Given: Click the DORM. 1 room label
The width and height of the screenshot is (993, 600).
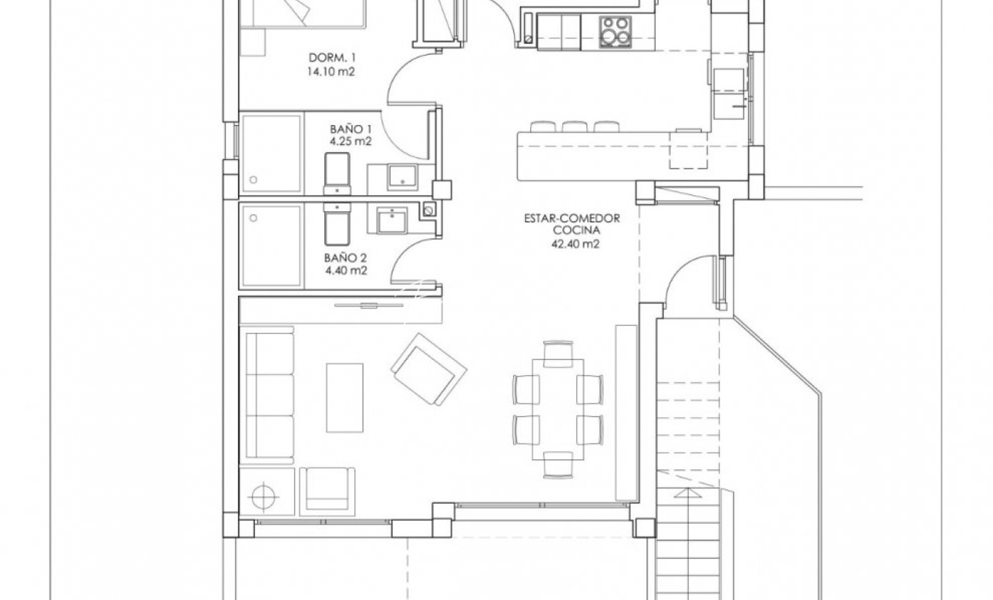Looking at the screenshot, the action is click(x=332, y=58).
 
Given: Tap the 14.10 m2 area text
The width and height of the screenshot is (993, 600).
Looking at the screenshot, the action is click(x=331, y=72).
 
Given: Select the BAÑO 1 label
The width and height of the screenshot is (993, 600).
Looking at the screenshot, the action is click(x=351, y=129).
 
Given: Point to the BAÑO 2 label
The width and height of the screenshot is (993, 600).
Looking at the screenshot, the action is click(x=345, y=258).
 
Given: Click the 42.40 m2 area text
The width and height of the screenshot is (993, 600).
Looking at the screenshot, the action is click(x=575, y=244).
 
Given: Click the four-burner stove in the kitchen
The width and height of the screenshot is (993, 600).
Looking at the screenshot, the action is click(x=615, y=32).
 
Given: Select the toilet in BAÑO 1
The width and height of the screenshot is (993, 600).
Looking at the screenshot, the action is click(x=337, y=174).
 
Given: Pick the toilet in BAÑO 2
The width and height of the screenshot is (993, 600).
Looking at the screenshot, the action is click(x=337, y=224).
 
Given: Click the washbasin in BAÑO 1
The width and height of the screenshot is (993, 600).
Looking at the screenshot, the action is click(x=402, y=177).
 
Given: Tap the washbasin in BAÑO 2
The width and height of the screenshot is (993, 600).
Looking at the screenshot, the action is click(x=392, y=221).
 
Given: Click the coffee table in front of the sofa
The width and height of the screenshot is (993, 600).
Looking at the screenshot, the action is click(x=345, y=397).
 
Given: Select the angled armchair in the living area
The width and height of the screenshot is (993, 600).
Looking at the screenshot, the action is click(x=429, y=369).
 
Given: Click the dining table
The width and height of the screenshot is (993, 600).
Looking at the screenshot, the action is click(x=558, y=409).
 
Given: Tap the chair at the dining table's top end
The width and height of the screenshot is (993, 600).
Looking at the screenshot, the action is click(x=558, y=354).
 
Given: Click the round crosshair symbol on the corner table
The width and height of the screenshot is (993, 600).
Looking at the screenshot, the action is click(x=264, y=496).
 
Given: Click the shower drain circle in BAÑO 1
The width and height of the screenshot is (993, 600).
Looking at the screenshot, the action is click(x=253, y=180).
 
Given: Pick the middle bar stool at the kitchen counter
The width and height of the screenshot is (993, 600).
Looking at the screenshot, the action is click(x=574, y=126).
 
